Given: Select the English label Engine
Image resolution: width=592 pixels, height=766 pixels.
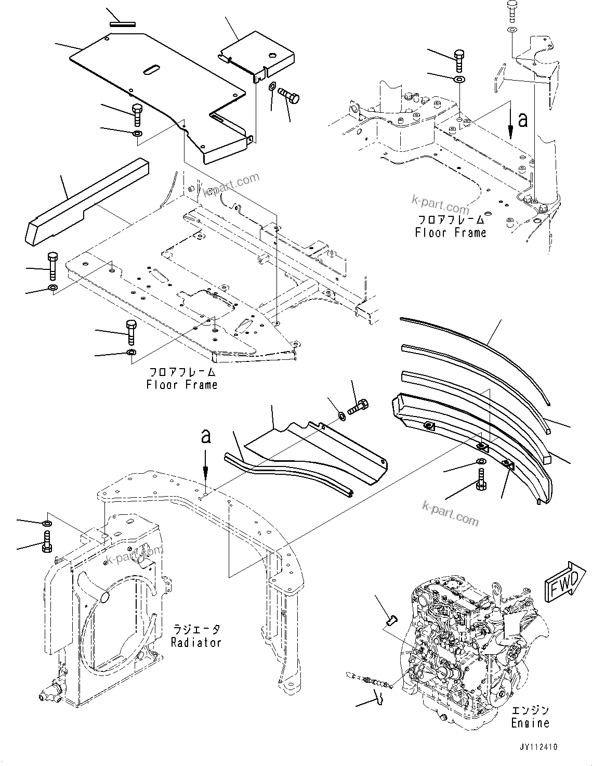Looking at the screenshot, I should point(530,723).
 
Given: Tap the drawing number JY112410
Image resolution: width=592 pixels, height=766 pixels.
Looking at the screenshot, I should point(537,747).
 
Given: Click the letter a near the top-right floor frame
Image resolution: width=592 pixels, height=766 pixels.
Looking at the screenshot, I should point(522,120).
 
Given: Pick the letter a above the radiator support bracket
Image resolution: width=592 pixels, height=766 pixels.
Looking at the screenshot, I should point(206,436).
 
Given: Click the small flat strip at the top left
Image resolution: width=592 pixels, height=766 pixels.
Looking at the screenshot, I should point(123,23).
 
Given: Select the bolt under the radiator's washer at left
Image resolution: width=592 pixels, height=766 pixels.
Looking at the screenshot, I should point(46,541).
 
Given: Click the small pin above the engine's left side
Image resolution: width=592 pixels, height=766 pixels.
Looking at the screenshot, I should point(392,619).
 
